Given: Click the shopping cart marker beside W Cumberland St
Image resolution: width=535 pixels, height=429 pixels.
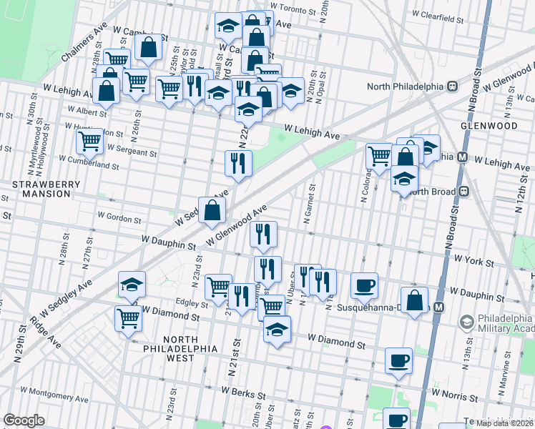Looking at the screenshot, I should [89, 141].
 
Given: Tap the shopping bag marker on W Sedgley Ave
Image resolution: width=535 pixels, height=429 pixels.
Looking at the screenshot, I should [212, 209].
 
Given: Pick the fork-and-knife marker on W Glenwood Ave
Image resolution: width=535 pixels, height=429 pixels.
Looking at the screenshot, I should [264, 234].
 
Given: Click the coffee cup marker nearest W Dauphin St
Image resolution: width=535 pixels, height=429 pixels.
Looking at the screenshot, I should [364, 285].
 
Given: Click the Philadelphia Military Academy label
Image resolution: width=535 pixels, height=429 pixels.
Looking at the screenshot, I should [500, 322].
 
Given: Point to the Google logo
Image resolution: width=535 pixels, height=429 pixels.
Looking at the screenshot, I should [24, 420].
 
